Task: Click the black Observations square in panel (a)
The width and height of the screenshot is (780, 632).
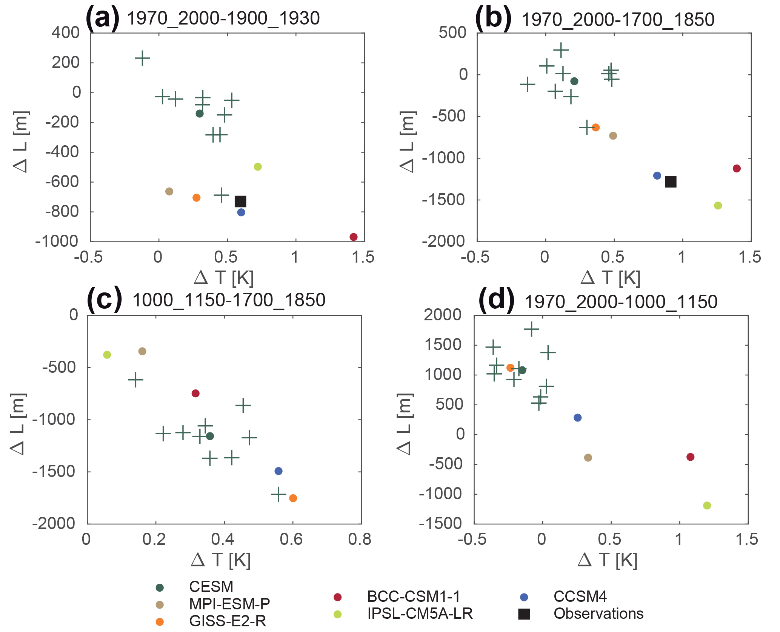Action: pyautogui.click(x=240, y=201)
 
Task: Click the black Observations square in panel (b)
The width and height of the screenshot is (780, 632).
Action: pyautogui.click(x=671, y=182)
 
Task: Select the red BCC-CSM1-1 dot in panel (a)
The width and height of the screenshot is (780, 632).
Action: pyautogui.click(x=354, y=237)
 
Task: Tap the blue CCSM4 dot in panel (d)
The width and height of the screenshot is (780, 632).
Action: pyautogui.click(x=577, y=418)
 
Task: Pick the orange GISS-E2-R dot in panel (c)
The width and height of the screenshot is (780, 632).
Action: pyautogui.click(x=293, y=498)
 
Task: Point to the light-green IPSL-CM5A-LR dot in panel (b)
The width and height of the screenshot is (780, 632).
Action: pyautogui.click(x=718, y=206)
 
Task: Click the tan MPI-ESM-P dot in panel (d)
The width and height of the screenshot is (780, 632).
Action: pyautogui.click(x=588, y=458)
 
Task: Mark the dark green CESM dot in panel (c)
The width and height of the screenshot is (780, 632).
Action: pyautogui.click(x=210, y=436)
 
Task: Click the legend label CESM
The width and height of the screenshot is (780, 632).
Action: pyautogui.click(x=211, y=587)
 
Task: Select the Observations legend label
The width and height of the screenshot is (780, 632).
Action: pyautogui.click(x=598, y=614)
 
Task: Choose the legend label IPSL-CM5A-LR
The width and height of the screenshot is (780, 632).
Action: pyautogui.click(x=420, y=614)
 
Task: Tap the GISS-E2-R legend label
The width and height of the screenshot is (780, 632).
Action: pyautogui.click(x=228, y=621)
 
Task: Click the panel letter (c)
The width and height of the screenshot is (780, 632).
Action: pyautogui.click(x=104, y=299)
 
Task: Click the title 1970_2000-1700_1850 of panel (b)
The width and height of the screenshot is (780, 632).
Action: pyautogui.click(x=618, y=20)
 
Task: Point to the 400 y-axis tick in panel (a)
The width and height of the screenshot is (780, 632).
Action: pyautogui.click(x=66, y=33)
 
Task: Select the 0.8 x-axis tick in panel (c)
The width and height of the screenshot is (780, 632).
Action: pyautogui.click(x=360, y=540)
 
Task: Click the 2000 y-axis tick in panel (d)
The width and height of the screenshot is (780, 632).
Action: pyautogui.click(x=442, y=315)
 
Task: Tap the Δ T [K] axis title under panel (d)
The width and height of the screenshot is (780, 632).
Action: pyautogui.click(x=608, y=560)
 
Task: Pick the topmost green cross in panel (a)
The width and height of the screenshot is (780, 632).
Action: pyautogui.click(x=142, y=58)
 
